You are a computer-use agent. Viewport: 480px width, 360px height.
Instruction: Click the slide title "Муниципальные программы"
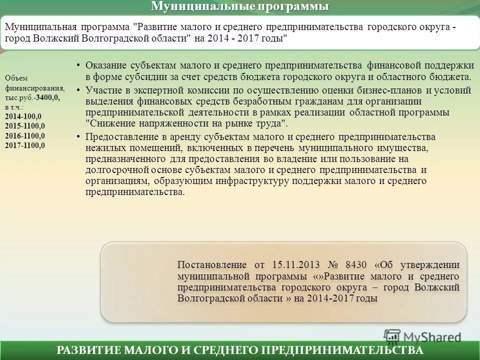coord(240,6)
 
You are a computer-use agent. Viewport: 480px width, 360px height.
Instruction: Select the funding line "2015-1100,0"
coord(25,126)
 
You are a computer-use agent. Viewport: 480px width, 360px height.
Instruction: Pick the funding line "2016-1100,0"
coord(25,135)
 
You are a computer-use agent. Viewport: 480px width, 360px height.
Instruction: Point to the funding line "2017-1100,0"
coord(25,145)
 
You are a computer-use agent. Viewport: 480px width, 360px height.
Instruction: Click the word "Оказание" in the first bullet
coord(107,66)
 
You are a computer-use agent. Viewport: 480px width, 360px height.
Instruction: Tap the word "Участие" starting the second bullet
coord(103,90)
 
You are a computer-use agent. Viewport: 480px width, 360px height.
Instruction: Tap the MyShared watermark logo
coord(422,336)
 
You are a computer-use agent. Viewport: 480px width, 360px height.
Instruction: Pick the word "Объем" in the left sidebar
coord(16,78)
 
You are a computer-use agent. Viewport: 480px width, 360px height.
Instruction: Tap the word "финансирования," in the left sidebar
coord(34,87)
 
